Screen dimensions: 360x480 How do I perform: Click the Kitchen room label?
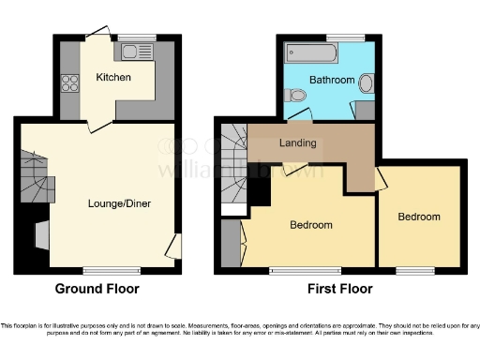112,77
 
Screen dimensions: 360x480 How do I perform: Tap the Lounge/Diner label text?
119,203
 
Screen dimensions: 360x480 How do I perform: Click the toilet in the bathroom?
296,95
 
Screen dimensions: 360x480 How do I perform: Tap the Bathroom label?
334,81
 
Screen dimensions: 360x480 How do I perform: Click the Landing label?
297,143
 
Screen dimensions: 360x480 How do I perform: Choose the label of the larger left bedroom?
309,225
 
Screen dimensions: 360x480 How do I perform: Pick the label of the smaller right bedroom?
418,217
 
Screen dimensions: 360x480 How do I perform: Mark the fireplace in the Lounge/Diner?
42,233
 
